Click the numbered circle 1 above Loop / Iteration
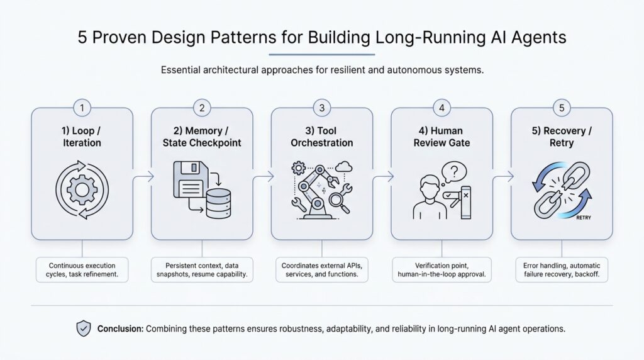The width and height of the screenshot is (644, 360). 82,108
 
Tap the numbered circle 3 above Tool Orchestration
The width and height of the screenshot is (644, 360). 321,108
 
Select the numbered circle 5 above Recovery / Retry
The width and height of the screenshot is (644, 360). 562,108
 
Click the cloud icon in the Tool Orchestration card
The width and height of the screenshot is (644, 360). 343,166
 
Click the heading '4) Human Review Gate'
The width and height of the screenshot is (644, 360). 441,137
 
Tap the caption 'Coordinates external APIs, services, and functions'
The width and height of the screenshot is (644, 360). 321,270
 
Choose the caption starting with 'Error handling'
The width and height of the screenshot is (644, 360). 562,270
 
